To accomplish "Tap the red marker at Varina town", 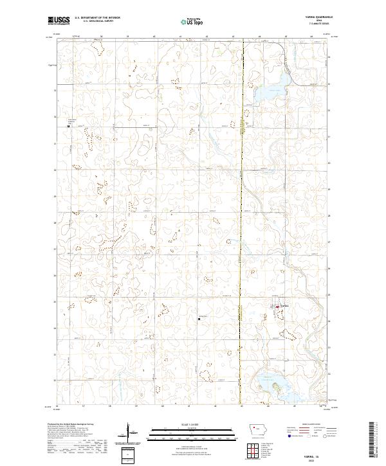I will click(277, 307).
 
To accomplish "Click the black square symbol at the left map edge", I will click(69, 126).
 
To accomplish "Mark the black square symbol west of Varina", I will click(199, 316).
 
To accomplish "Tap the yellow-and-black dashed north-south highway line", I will click(242, 244).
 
